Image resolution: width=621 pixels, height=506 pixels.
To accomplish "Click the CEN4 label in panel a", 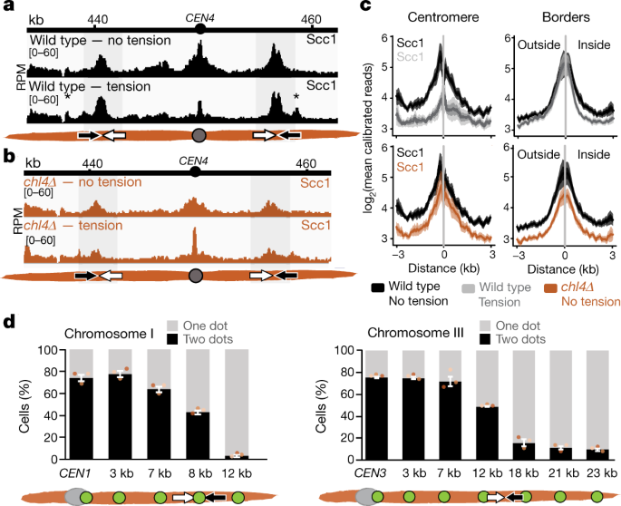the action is click(200, 18).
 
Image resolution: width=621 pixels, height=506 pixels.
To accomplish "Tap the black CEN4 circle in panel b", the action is click(194, 172).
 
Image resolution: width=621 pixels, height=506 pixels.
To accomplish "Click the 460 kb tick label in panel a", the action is click(311, 19).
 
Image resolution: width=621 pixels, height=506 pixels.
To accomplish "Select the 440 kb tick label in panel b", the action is click(92, 163).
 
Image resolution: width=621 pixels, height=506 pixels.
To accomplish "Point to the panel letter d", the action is click(9, 322).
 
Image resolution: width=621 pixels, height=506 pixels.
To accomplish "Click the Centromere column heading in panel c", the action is click(443, 17).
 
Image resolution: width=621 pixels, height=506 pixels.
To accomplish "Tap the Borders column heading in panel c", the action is click(566, 17).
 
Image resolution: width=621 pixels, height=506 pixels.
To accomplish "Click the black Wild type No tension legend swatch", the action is click(377, 287).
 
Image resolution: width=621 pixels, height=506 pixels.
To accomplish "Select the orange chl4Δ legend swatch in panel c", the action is click(551, 288).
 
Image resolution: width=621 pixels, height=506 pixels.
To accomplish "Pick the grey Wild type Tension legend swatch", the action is click(469, 288).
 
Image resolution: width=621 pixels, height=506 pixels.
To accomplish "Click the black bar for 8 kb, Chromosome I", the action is click(198, 436).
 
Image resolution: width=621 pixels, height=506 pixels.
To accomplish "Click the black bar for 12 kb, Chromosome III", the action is click(487, 433).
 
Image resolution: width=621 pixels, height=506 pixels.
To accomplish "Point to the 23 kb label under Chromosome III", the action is click(602, 473).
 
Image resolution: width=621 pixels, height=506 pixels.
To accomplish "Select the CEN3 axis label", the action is click(370, 473).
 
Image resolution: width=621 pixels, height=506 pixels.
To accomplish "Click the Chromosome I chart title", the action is click(109, 334).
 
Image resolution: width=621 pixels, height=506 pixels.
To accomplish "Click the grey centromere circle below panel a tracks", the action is click(199, 136).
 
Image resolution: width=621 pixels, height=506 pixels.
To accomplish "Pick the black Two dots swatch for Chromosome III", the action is click(485, 339).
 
